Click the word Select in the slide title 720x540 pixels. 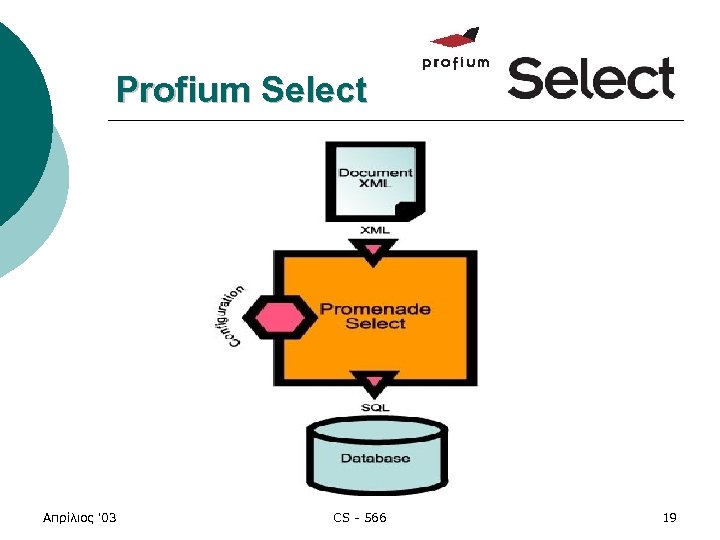pos(314,90)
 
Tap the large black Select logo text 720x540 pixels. pos(591,78)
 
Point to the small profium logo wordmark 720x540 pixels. pos(456,63)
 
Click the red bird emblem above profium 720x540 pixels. pos(456,39)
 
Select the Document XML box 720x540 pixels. pos(375,181)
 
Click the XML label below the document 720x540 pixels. pos(375,231)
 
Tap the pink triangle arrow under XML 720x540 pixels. pos(375,251)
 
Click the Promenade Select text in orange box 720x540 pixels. pos(375,316)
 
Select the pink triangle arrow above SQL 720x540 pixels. pos(375,383)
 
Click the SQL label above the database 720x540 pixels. pos(375,407)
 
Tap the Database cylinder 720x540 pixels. pos(375,456)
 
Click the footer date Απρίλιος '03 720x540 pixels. pos(81,517)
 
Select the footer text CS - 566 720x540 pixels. pos(359,517)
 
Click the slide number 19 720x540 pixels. pos(669,517)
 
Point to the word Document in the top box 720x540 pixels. pos(375,172)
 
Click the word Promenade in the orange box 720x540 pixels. pos(375,308)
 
